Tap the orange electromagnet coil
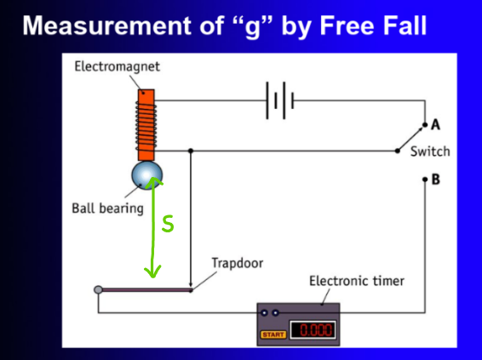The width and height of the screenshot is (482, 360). click(146, 124)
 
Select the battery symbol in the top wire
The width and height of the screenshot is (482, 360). click(279, 100)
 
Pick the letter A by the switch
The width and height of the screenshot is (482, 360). click(435, 125)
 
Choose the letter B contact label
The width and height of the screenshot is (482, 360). click(435, 180)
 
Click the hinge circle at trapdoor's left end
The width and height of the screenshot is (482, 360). click(98, 290)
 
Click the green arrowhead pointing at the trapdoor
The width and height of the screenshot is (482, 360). click(153, 272)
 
